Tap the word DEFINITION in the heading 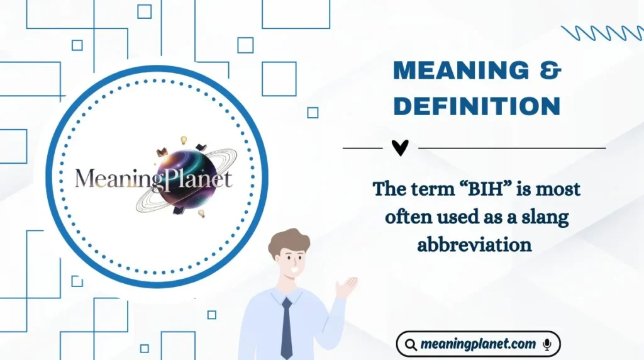coord(477,106)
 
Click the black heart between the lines coord(400,147)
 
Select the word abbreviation coord(474,245)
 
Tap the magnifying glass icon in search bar coord(411,344)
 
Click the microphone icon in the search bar coord(547,344)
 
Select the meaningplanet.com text coord(479,344)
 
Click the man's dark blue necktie coord(286,328)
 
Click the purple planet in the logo coord(183,177)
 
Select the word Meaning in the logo coord(110,179)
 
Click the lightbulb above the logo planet coord(184,140)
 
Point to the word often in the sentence coord(406,217)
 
